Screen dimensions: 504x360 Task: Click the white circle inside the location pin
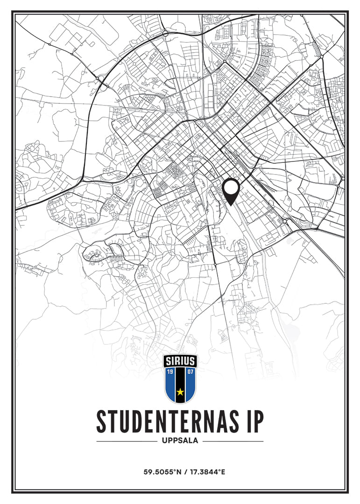(x=231, y=188)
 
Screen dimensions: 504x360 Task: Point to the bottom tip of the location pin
(x=231, y=205)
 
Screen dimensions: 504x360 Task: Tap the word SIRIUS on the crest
(x=180, y=361)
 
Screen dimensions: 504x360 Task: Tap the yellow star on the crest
(x=180, y=392)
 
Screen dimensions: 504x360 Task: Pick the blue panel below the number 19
(x=171, y=385)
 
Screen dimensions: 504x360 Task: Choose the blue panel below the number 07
(x=190, y=385)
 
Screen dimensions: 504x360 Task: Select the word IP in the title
(x=253, y=422)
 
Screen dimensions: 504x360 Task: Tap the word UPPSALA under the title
(x=180, y=441)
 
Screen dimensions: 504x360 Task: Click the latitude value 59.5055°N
(x=162, y=472)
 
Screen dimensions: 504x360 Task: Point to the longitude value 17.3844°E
(x=206, y=472)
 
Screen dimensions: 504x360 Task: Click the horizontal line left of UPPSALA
(x=127, y=441)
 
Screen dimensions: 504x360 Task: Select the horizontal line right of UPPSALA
(x=233, y=441)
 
